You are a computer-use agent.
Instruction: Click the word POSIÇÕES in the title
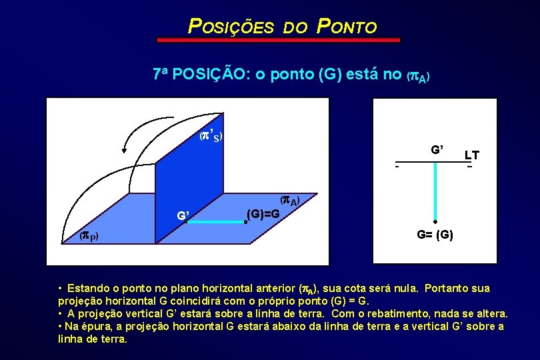231,27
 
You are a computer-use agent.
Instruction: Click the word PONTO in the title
347,27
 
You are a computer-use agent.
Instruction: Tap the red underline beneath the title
278,41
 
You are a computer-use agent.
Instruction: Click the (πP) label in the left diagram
89,235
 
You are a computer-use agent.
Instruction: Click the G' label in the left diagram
183,215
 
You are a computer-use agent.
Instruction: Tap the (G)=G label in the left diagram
263,214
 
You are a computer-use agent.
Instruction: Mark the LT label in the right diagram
471,155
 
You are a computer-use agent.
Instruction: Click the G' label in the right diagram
437,149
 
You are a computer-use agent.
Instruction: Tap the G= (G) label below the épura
435,235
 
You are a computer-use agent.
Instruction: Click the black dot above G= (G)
435,222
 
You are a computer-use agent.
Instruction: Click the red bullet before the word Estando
60,289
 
